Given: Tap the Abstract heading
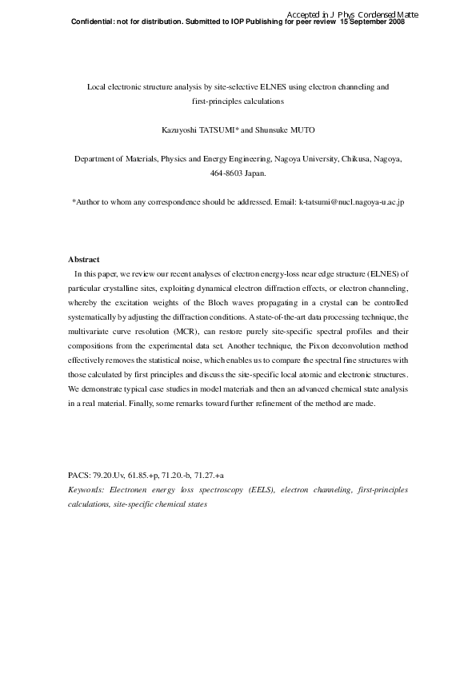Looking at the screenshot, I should point(84,260).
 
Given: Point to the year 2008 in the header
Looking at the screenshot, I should point(395,22).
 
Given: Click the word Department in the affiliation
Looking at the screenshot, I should point(97,158).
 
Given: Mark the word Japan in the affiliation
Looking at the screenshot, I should point(256,172).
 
